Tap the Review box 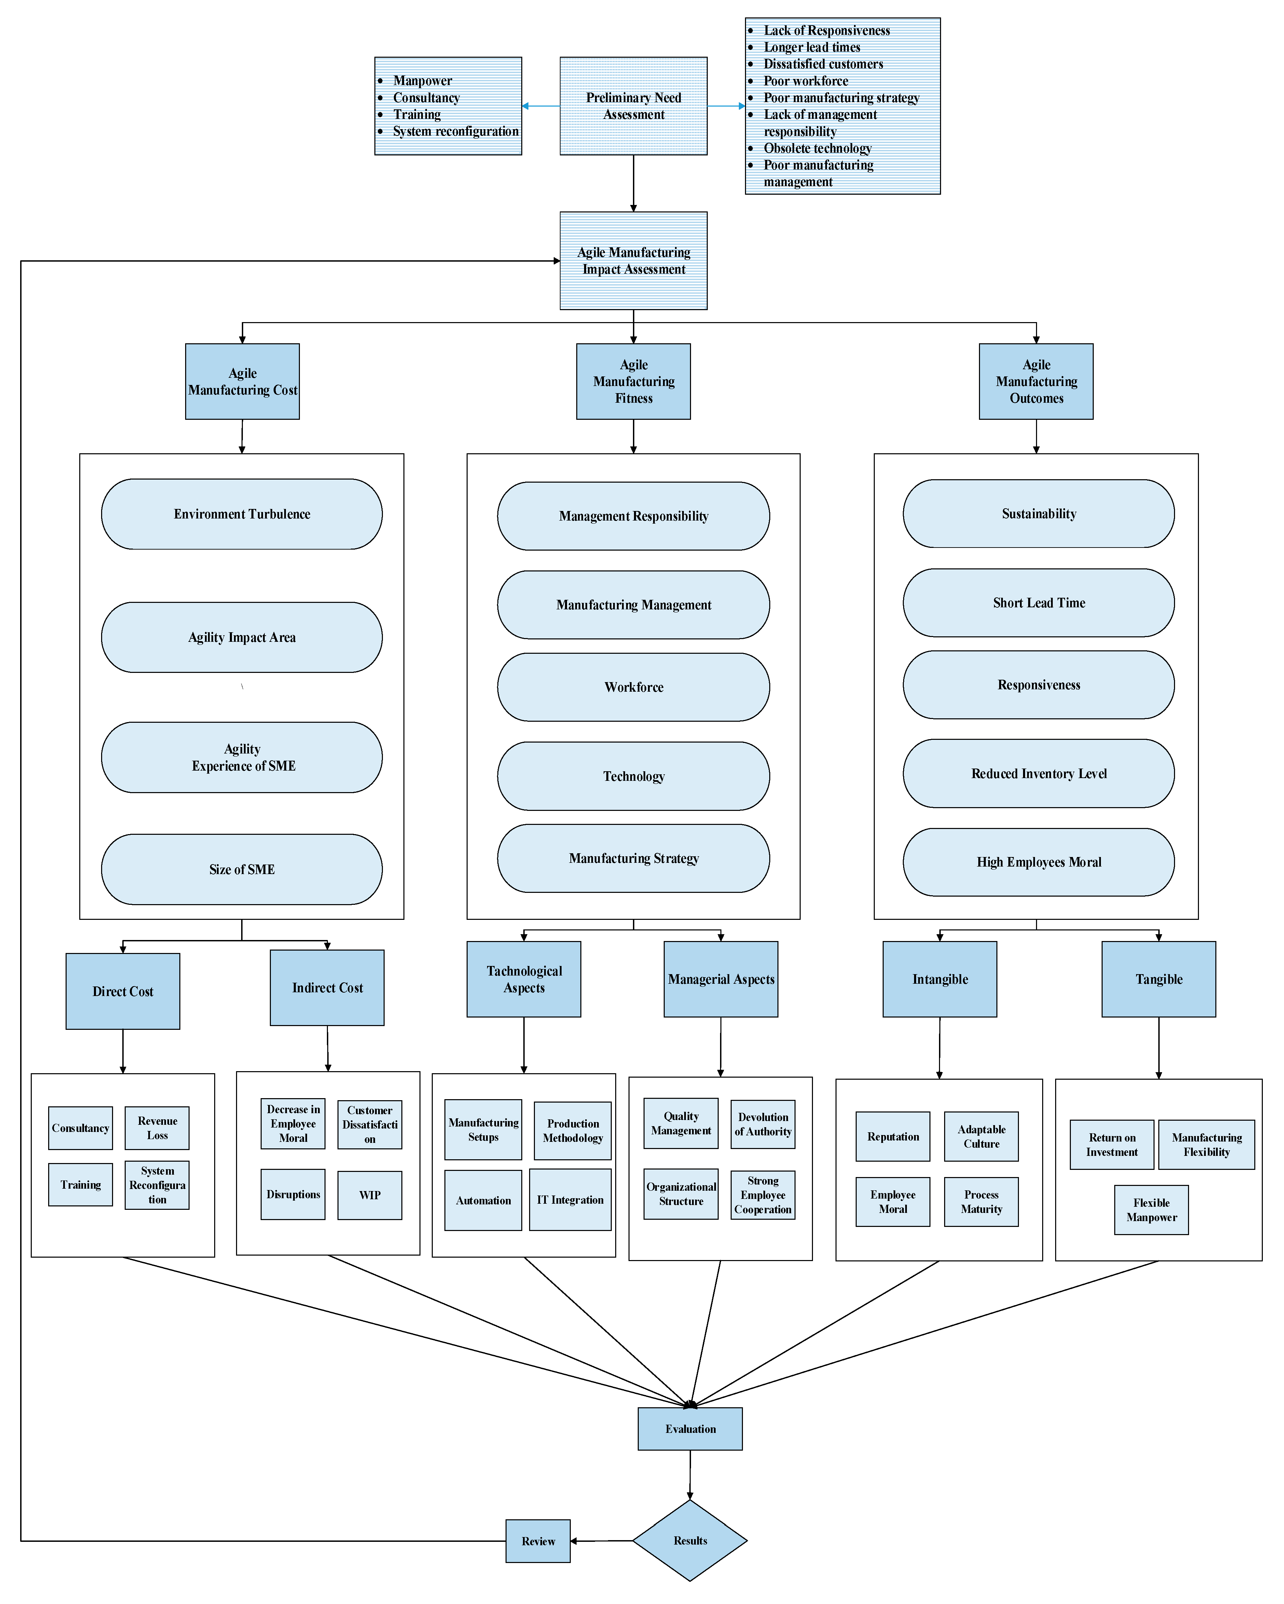(538, 1541)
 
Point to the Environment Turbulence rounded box (242, 514)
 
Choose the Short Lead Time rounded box (1038, 603)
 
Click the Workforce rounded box (633, 687)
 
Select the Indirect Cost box (327, 987)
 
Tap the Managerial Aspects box (721, 979)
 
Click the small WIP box (370, 1195)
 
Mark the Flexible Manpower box (1151, 1210)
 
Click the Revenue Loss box (157, 1128)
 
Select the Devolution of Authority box (762, 1124)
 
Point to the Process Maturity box (981, 1202)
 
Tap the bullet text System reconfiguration (455, 131)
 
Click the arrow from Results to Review (601, 1541)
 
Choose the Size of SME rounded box (242, 869)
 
